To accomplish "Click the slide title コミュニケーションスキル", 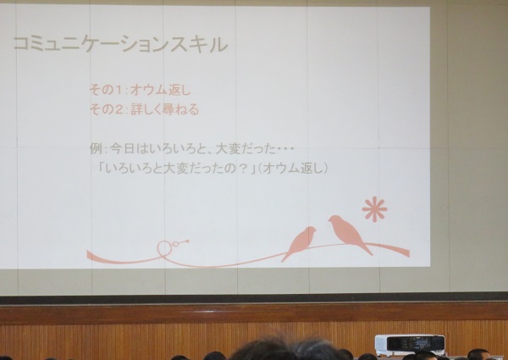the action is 120,44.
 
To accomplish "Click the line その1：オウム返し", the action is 141,90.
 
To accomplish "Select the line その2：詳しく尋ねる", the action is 144,110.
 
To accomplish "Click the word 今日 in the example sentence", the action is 122,149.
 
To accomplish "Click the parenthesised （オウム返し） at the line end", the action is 293,169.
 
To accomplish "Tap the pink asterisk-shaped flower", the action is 374,209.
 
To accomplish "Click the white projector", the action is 410,346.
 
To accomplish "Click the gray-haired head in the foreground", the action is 313,349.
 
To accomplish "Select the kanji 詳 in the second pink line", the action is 136,110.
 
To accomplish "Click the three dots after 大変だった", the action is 285,149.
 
